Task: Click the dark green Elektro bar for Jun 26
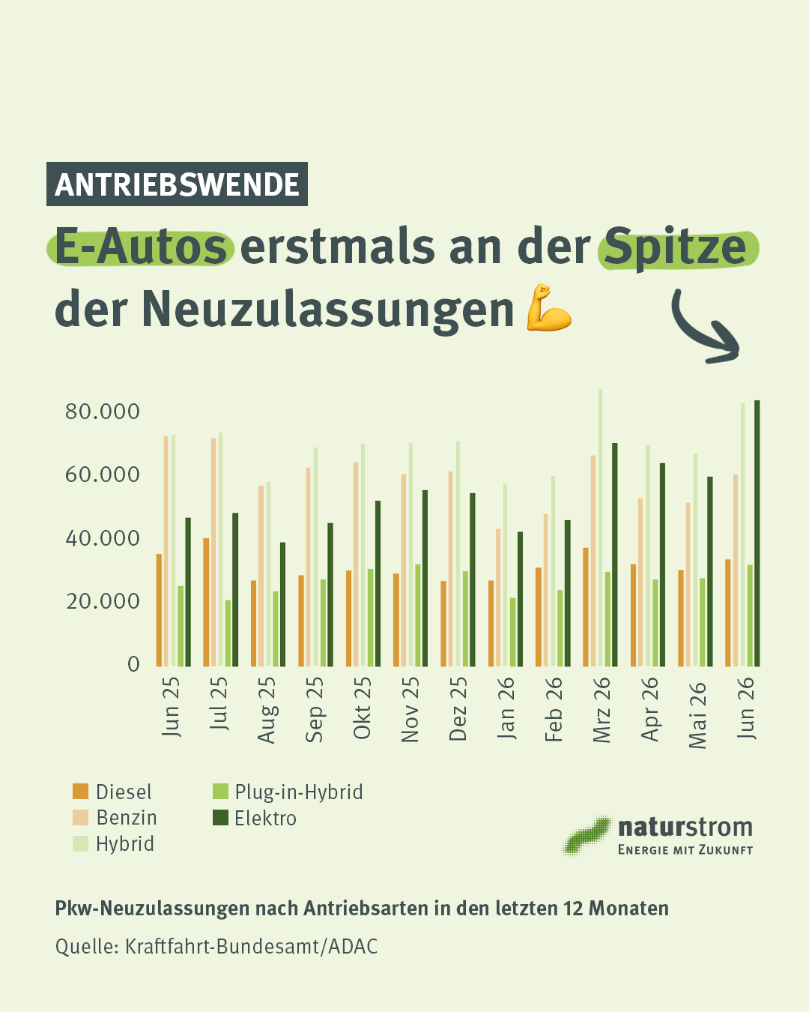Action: tap(757, 533)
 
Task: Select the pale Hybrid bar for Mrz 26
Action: tap(600, 528)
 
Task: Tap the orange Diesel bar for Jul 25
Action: tap(206, 603)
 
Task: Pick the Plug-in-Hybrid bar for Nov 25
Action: tap(417, 615)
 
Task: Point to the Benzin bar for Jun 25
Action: tap(166, 551)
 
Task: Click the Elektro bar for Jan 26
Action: tap(520, 599)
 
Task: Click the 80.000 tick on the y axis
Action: tap(103, 412)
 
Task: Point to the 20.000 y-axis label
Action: tap(103, 601)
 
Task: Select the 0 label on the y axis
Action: tap(133, 664)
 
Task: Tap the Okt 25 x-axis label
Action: tap(362, 708)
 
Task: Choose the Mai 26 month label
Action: tap(697, 715)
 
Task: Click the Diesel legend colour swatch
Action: tap(80, 791)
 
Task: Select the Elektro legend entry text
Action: tap(266, 819)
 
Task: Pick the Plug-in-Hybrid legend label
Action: tap(299, 792)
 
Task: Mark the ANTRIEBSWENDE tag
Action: tap(177, 184)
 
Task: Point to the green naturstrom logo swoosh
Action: tap(587, 836)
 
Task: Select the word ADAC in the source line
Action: tap(353, 947)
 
